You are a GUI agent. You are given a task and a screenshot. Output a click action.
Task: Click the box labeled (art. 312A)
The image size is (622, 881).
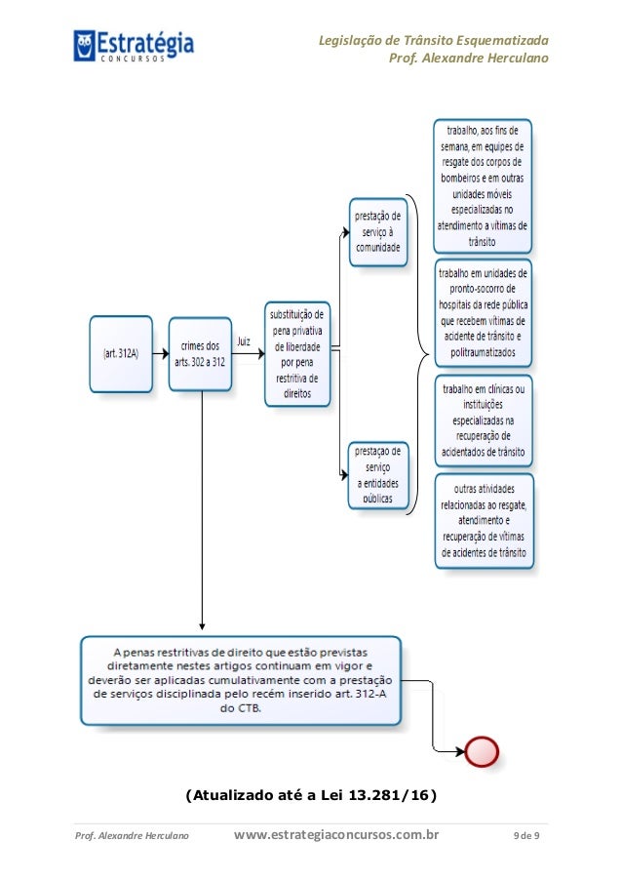(122, 353)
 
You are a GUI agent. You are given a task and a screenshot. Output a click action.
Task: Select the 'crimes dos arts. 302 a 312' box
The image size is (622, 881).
(200, 352)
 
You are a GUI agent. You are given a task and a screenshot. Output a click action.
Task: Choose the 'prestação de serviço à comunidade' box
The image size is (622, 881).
(377, 230)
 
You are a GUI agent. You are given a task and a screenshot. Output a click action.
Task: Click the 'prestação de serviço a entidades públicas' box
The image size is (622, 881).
(377, 474)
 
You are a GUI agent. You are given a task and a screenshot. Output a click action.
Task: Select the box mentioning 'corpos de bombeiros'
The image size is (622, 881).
(485, 184)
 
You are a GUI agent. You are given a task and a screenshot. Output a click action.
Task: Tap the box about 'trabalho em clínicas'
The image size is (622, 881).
(484, 420)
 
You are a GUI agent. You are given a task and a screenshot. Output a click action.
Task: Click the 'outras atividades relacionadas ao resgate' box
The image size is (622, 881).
(484, 520)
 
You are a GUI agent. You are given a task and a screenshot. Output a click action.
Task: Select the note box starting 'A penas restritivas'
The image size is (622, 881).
(240, 680)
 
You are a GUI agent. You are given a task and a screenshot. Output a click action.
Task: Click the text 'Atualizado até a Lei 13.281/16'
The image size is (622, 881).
(310, 794)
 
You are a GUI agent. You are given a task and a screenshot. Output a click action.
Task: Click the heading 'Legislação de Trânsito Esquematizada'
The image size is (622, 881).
(433, 40)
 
